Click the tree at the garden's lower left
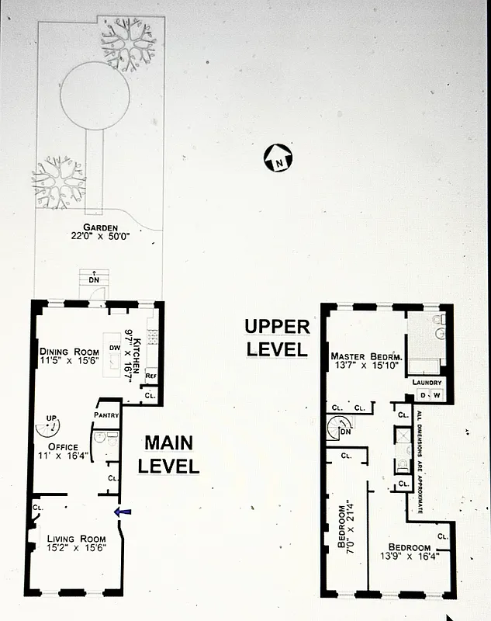point(58,183)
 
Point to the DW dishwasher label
point(114,347)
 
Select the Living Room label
point(75,539)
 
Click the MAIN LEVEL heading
point(171,454)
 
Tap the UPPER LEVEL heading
point(276,338)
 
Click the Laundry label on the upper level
point(427,382)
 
